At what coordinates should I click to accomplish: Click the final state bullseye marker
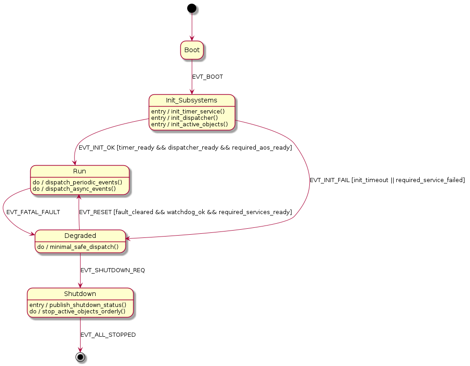click(x=81, y=357)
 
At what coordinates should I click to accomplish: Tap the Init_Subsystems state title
click(x=192, y=100)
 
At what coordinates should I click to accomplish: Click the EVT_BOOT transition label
click(x=207, y=77)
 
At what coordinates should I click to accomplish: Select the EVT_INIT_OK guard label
click(x=185, y=148)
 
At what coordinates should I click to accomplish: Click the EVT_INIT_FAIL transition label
click(x=387, y=180)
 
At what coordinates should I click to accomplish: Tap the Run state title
click(x=80, y=171)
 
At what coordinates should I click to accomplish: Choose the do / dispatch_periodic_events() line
click(x=77, y=182)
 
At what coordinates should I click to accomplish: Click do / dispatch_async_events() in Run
click(x=74, y=188)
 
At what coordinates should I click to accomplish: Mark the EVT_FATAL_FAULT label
click(x=33, y=212)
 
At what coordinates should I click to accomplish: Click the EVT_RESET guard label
click(x=185, y=212)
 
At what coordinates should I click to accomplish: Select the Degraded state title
click(x=80, y=236)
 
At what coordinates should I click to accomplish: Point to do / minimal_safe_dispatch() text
click(x=78, y=247)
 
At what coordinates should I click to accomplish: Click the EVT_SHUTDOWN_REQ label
click(x=113, y=270)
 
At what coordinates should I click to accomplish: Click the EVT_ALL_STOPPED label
click(x=108, y=335)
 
